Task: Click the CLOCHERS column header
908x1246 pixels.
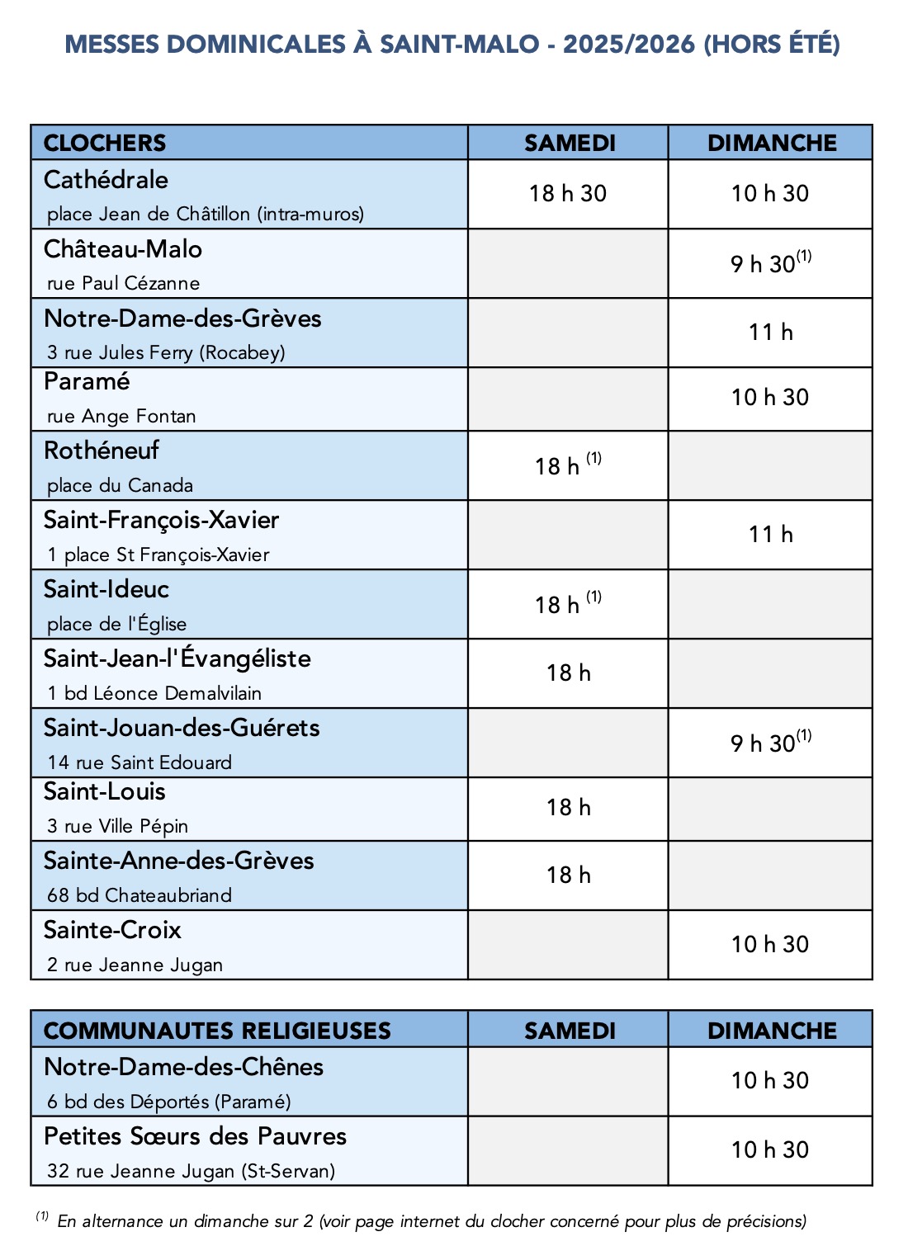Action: point(105,143)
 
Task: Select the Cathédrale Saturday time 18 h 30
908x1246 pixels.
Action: point(568,194)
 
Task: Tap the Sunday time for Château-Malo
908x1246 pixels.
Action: point(769,263)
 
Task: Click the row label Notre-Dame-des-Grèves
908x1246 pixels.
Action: point(182,319)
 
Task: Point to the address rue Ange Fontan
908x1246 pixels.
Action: point(121,416)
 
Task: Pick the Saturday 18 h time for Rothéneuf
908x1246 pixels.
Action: point(568,465)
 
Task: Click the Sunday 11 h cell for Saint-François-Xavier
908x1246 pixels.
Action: point(770,535)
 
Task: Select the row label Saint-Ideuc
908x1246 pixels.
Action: point(106,589)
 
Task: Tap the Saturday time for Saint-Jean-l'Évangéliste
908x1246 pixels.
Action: point(568,673)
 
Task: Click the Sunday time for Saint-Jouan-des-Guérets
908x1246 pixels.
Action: point(769,743)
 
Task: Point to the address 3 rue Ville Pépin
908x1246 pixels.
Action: point(118,826)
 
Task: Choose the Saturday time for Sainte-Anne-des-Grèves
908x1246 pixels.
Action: point(568,875)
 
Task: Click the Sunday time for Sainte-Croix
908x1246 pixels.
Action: point(769,944)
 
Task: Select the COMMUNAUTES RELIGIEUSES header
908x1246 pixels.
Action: point(217,1031)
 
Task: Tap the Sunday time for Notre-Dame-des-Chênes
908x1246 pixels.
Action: point(769,1080)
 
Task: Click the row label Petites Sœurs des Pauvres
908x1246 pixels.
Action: point(195,1136)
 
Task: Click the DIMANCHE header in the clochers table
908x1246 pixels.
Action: point(772,143)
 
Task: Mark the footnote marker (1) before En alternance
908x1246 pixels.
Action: point(42,1216)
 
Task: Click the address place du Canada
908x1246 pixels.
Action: point(120,485)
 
